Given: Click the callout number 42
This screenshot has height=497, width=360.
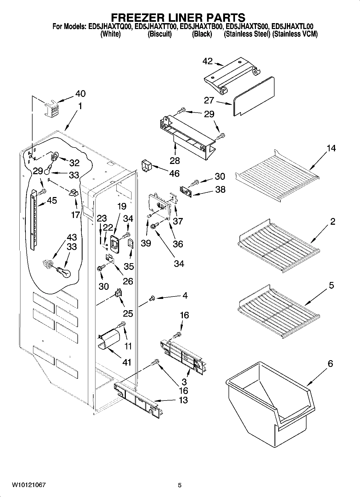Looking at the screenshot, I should point(208,61).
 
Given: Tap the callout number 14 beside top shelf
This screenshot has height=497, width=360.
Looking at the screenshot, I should point(331,148).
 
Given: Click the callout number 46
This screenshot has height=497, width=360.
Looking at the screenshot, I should point(174,174).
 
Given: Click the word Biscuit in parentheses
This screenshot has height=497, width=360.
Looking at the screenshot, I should point(160,34).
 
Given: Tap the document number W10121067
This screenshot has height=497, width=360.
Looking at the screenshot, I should point(28,485).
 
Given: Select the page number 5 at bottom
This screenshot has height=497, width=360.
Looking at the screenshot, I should point(180,485).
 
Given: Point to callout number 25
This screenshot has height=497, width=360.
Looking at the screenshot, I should point(128,313).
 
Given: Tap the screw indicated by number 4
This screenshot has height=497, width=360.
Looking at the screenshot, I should point(152,298).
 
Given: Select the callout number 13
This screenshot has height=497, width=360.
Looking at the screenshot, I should point(183,400).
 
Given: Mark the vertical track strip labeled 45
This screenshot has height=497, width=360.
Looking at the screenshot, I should point(33,219).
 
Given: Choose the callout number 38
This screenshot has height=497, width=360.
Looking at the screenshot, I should point(220,189).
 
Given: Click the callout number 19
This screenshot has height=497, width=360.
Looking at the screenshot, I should point(122,206).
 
